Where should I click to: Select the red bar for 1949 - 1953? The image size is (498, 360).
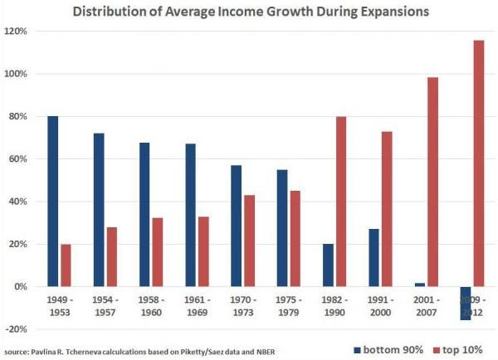coord(66,265)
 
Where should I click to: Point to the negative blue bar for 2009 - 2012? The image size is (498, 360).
coord(466,303)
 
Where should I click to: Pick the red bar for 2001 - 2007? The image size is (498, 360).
coord(432,182)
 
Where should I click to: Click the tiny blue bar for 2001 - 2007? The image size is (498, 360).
coord(420,284)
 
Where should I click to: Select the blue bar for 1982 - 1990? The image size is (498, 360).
coord(328,265)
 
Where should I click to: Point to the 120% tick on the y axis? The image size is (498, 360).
coord(17,32)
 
